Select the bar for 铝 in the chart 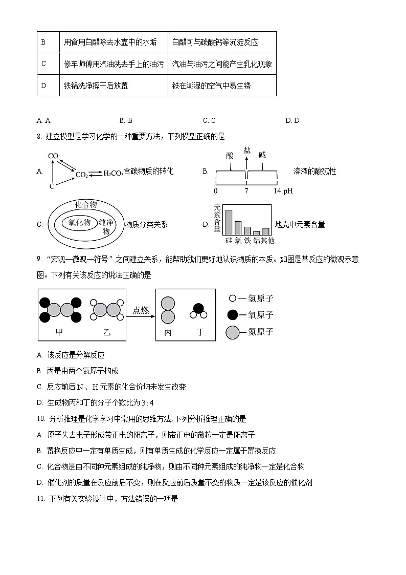pyautogui.click(x=257, y=232)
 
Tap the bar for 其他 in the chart pyautogui.click(x=265, y=231)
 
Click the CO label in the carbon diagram pyautogui.click(x=53, y=156)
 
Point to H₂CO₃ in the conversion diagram pyautogui.click(x=113, y=174)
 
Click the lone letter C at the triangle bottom pyautogui.click(x=52, y=186)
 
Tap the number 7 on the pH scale pyautogui.click(x=246, y=191)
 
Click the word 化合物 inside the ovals pyautogui.click(x=86, y=204)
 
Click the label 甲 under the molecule pyautogui.click(x=60, y=332)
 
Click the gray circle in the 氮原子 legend pyautogui.click(x=232, y=332)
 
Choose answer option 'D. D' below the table pyautogui.click(x=292, y=120)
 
